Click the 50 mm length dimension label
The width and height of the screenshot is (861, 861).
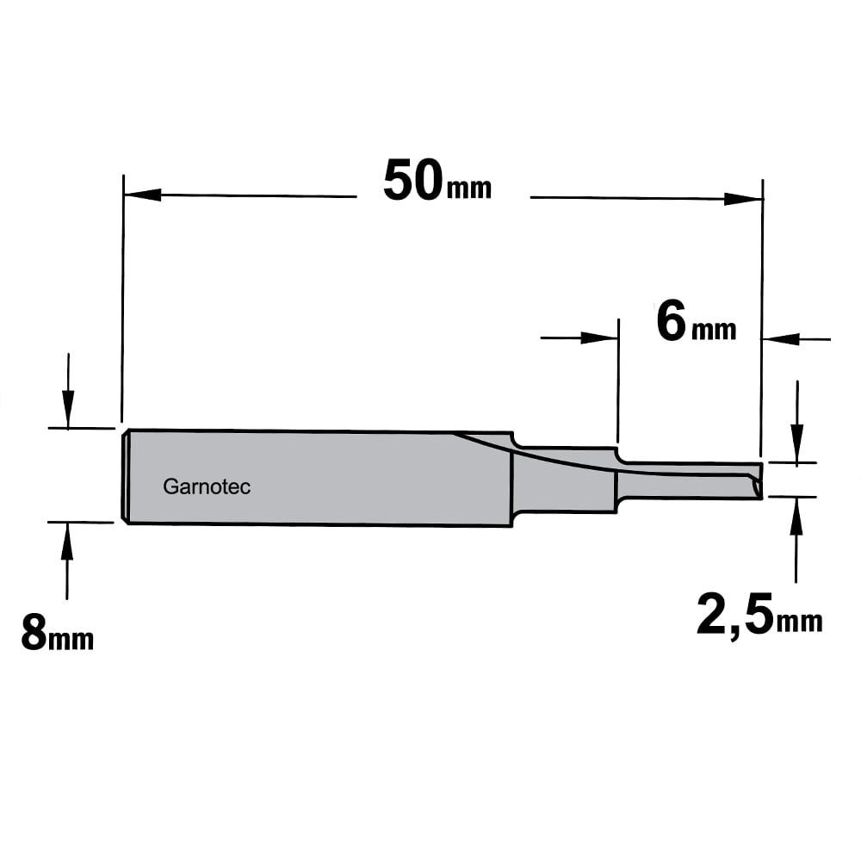coord(437,181)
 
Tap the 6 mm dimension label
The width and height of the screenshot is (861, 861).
coord(697,323)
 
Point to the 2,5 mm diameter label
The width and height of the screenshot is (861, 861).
coord(760,614)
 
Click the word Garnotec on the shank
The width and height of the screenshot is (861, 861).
coord(207,486)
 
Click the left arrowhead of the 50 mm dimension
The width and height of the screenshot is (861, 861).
coord(143,195)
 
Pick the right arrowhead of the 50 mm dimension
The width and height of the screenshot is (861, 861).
coord(743,198)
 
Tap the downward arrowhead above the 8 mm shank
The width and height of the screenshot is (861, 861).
coord(68,408)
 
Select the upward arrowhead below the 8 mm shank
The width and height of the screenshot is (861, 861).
coord(67,541)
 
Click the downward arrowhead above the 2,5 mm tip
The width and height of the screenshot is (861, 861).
coord(796,443)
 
